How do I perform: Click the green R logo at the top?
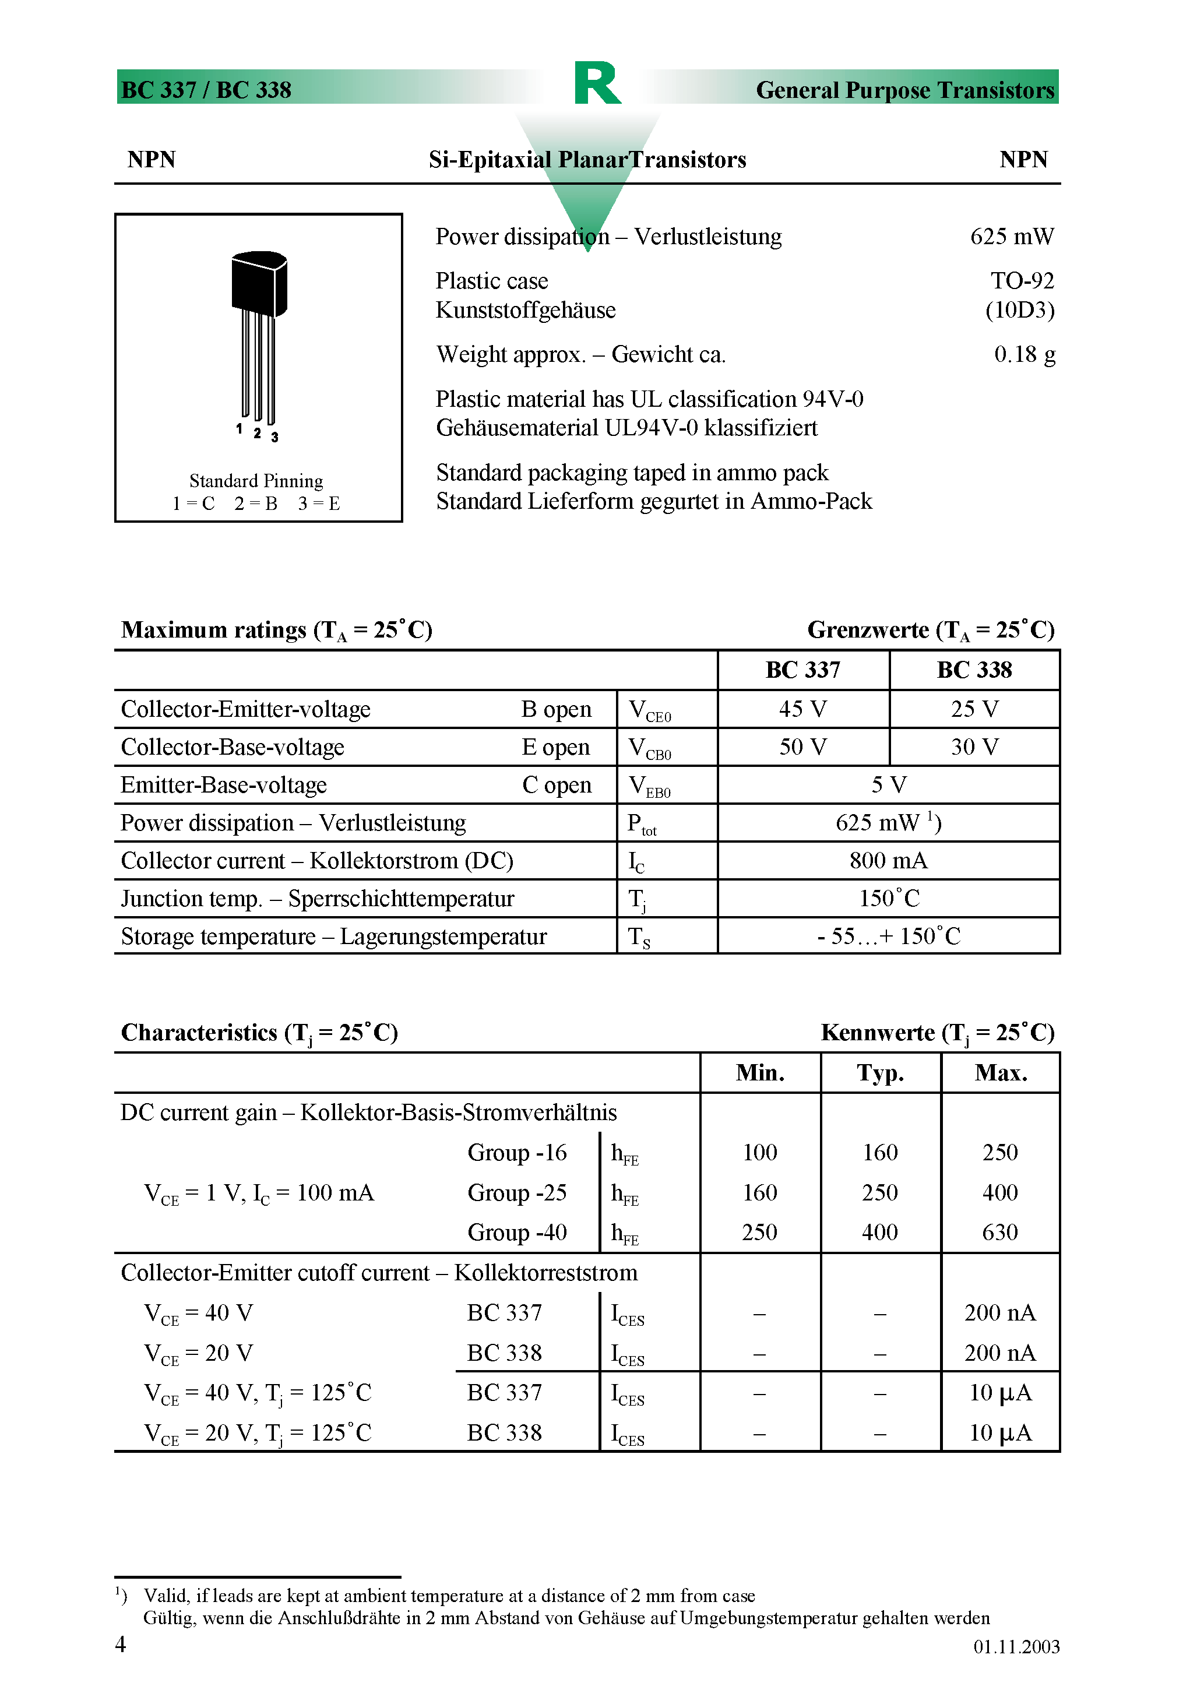[x=597, y=83]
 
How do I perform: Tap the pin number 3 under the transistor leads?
[x=274, y=437]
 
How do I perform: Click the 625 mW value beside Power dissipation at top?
[x=1011, y=237]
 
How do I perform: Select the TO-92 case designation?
[x=1022, y=280]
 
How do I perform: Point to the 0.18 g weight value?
[x=1025, y=355]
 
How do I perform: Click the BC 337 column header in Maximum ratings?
[x=802, y=670]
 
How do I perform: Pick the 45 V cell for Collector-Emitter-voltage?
[x=802, y=709]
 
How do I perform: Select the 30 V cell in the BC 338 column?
[x=974, y=747]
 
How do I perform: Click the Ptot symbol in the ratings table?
[x=642, y=824]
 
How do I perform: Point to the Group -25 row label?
[x=517, y=1193]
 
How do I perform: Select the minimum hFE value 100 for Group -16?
[x=759, y=1153]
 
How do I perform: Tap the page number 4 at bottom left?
[x=120, y=1644]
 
